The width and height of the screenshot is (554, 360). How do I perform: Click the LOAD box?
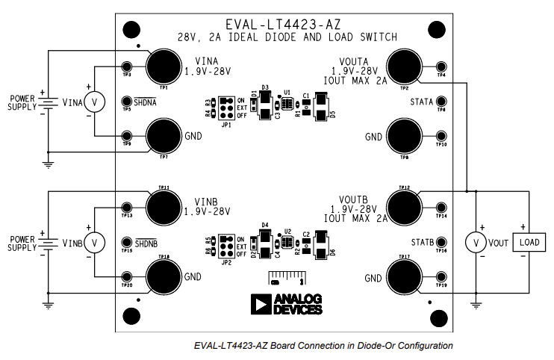(529, 243)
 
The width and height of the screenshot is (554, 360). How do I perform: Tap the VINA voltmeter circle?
(95, 102)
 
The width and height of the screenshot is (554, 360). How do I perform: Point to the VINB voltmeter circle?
(94, 243)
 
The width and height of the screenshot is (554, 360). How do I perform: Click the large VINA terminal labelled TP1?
(162, 66)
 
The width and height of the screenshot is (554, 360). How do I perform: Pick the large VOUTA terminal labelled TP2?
(402, 65)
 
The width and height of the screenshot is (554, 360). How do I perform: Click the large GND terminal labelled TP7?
(162, 137)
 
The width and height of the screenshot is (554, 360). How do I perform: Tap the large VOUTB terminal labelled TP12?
(403, 207)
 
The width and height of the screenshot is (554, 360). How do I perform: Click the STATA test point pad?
(441, 102)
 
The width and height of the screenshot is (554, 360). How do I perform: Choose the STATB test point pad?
(441, 243)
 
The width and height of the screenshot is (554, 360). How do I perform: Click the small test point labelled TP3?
(127, 66)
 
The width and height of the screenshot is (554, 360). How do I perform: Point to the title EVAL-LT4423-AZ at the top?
(287, 24)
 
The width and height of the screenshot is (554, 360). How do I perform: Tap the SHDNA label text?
(146, 102)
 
